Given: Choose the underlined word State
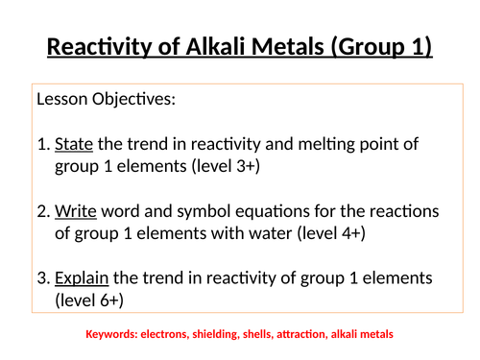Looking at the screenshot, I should pyautogui.click(x=73, y=144).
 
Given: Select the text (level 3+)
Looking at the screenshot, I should pyautogui.click(x=227, y=167).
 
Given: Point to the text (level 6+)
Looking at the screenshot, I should pyautogui.click(x=94, y=300).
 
